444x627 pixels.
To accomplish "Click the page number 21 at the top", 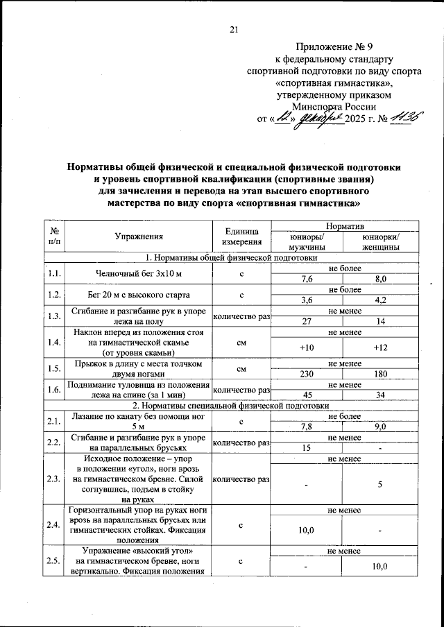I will coord(234,29).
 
